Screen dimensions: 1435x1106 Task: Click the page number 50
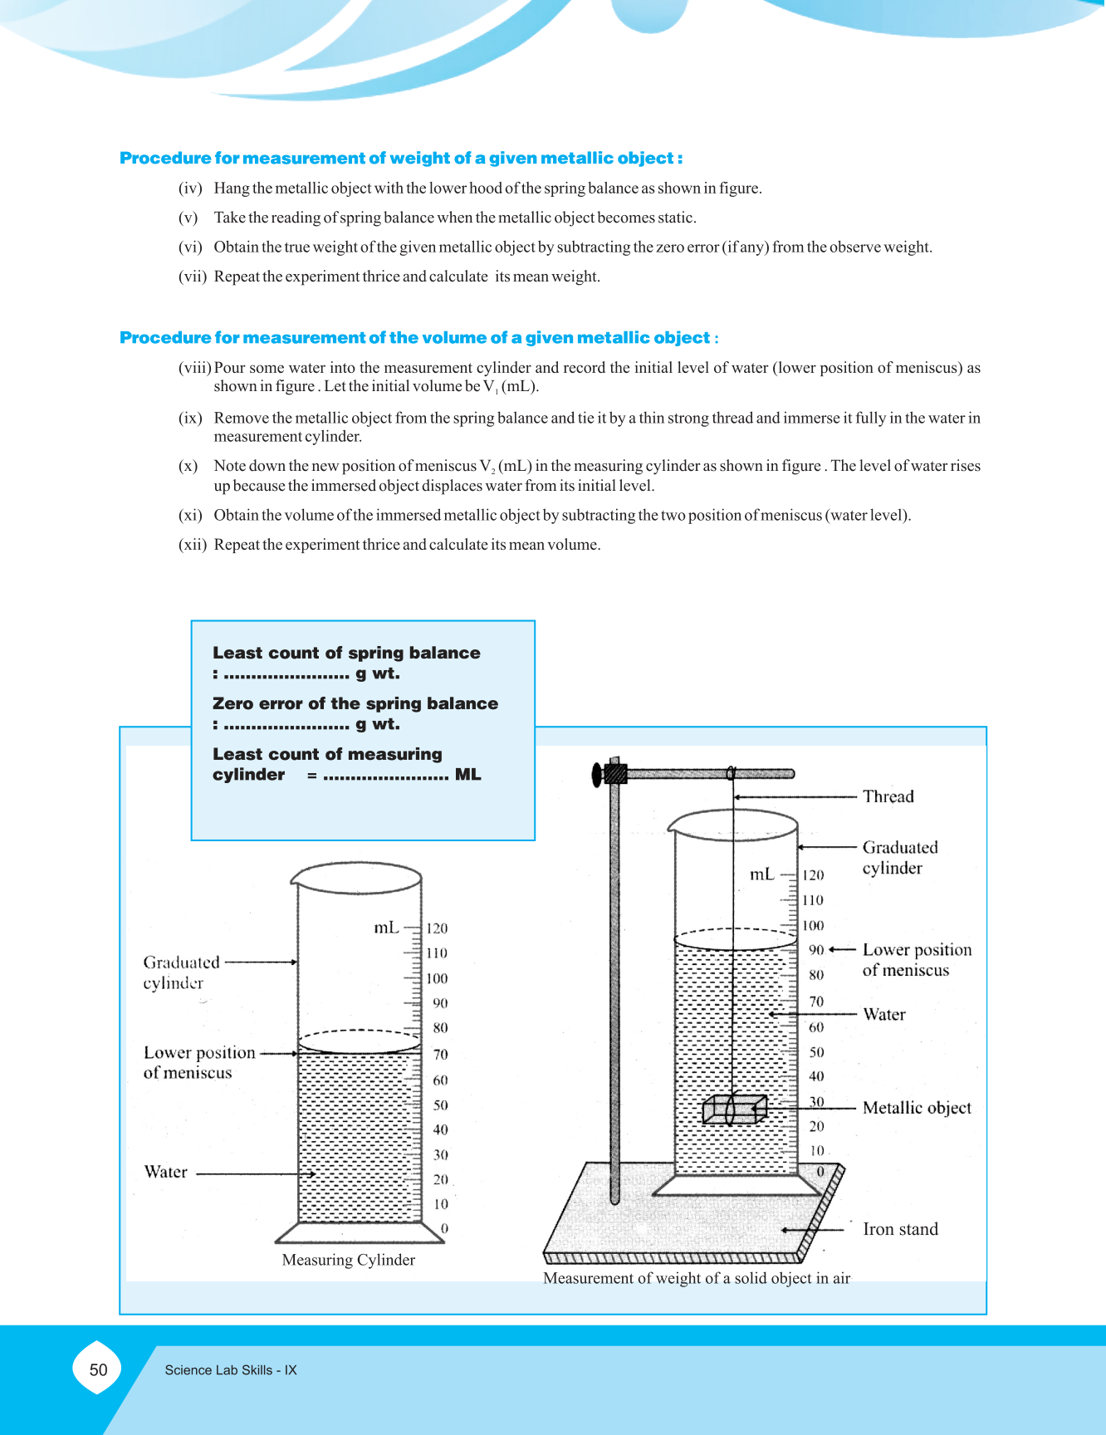(x=98, y=1369)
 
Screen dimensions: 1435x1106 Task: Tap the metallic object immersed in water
(x=734, y=1109)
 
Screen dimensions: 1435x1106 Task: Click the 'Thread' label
(x=888, y=796)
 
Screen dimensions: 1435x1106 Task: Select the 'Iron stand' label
(x=900, y=1229)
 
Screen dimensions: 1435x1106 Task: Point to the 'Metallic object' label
(x=917, y=1108)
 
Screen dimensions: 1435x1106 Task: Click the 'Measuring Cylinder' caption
(x=348, y=1260)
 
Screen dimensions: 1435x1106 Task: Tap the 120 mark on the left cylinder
(x=437, y=928)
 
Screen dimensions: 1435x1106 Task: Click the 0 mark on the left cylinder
(x=444, y=1228)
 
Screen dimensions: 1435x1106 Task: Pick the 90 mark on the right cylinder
(x=816, y=950)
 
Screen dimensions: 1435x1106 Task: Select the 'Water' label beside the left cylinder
(x=166, y=1172)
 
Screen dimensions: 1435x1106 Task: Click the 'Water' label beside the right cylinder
(x=884, y=1014)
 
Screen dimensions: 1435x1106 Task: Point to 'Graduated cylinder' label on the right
(x=899, y=857)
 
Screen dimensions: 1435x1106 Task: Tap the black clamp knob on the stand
(x=598, y=775)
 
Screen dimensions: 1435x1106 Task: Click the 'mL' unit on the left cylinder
(x=386, y=928)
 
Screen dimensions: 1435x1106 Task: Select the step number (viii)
(x=195, y=368)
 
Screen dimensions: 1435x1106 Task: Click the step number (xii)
(x=193, y=545)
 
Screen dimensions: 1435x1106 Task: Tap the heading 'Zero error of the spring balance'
(x=355, y=703)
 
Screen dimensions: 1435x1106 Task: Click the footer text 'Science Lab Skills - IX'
(x=231, y=1370)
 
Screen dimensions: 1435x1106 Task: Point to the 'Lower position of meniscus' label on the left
(x=199, y=1062)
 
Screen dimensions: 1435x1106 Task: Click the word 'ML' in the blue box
(x=467, y=774)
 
